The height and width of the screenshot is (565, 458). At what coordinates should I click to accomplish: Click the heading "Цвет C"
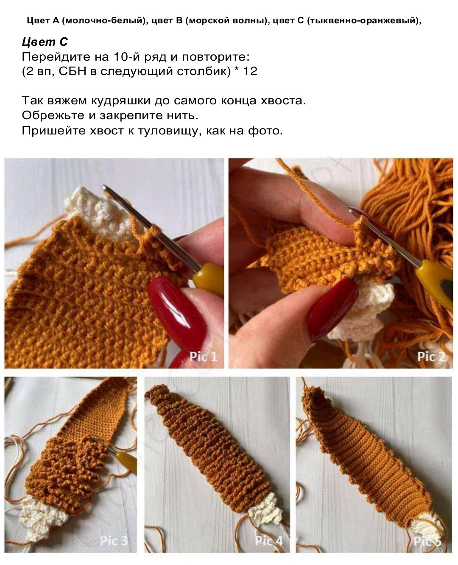[45, 42]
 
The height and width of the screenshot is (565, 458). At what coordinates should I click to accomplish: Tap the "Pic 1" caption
[203, 356]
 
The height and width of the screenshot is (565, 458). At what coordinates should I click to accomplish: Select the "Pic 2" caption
[431, 356]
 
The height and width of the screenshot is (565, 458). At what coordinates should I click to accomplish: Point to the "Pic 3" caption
[114, 541]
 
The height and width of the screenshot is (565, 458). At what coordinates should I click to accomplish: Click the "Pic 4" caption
[268, 541]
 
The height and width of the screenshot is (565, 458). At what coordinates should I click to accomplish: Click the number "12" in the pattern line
[250, 71]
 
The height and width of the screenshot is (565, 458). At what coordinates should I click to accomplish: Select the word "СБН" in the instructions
[72, 71]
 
